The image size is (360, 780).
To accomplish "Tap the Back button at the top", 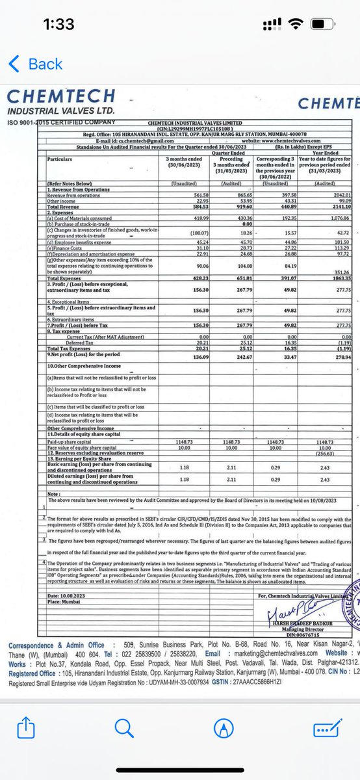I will click(36, 64).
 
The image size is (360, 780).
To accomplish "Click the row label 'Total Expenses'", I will click(64, 278).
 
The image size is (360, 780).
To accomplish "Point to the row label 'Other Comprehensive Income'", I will click(81, 428).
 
